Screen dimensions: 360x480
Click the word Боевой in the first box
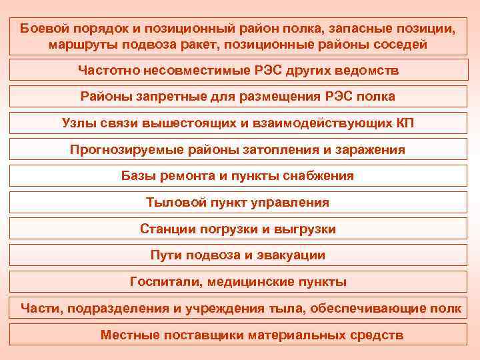tap(42, 29)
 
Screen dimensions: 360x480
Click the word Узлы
tap(78, 123)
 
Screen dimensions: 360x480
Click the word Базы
tap(138, 177)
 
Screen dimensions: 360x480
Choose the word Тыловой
tap(174, 203)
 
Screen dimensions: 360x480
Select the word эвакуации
tap(291, 255)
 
